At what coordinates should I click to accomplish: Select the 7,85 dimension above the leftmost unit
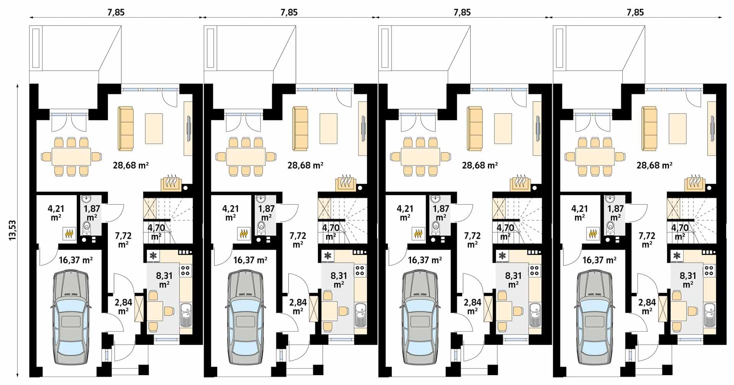point(116,12)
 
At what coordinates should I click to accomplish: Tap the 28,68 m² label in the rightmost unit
point(654,165)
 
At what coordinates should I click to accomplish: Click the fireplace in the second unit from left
point(346,183)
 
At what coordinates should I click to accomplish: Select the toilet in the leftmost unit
point(87,228)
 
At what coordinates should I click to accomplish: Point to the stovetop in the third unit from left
point(534,270)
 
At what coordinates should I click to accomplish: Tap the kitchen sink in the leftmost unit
point(186,314)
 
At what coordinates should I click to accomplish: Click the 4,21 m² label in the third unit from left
point(405,213)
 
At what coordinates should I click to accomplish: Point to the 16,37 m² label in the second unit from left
point(250,260)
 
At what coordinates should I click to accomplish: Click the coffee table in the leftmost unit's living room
point(154,129)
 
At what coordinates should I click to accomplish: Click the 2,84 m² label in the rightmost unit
point(647,306)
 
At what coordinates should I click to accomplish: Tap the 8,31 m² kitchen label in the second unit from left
point(339,280)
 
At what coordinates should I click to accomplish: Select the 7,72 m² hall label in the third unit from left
point(473,240)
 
